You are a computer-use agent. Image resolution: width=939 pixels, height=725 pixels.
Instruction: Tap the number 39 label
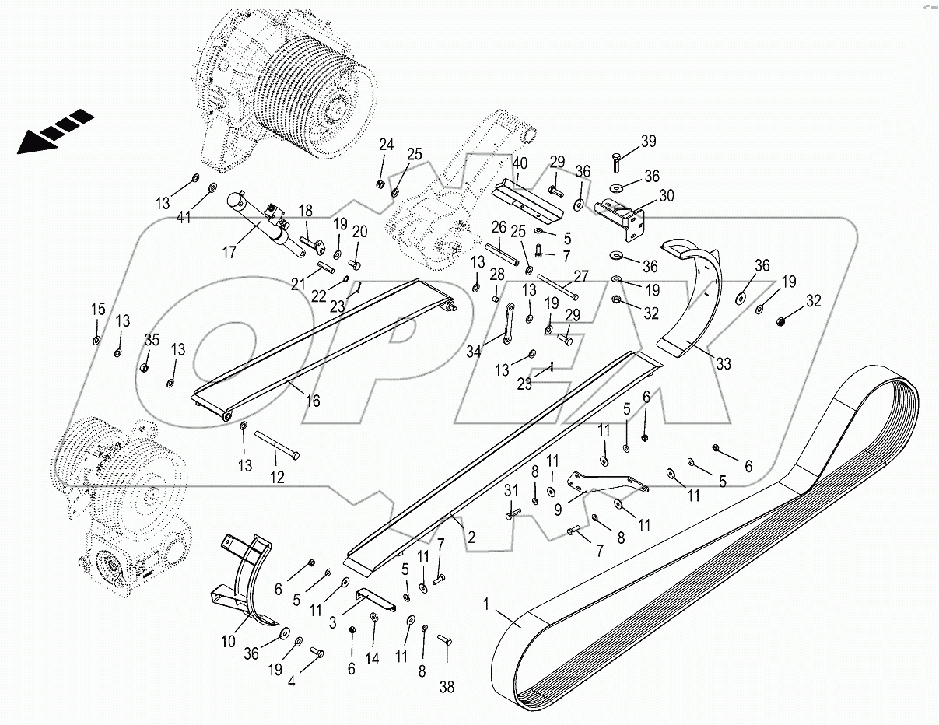[648, 142]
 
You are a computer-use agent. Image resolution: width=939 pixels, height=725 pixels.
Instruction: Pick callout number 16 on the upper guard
[312, 401]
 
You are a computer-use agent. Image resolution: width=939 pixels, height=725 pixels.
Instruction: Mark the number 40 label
[520, 164]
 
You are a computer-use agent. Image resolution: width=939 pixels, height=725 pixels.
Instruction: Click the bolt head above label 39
[615, 162]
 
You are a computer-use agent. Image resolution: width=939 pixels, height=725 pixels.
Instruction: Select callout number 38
[447, 687]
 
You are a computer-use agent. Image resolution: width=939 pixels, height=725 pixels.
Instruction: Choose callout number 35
[152, 339]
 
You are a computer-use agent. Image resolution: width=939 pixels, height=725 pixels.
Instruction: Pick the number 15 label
[97, 310]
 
